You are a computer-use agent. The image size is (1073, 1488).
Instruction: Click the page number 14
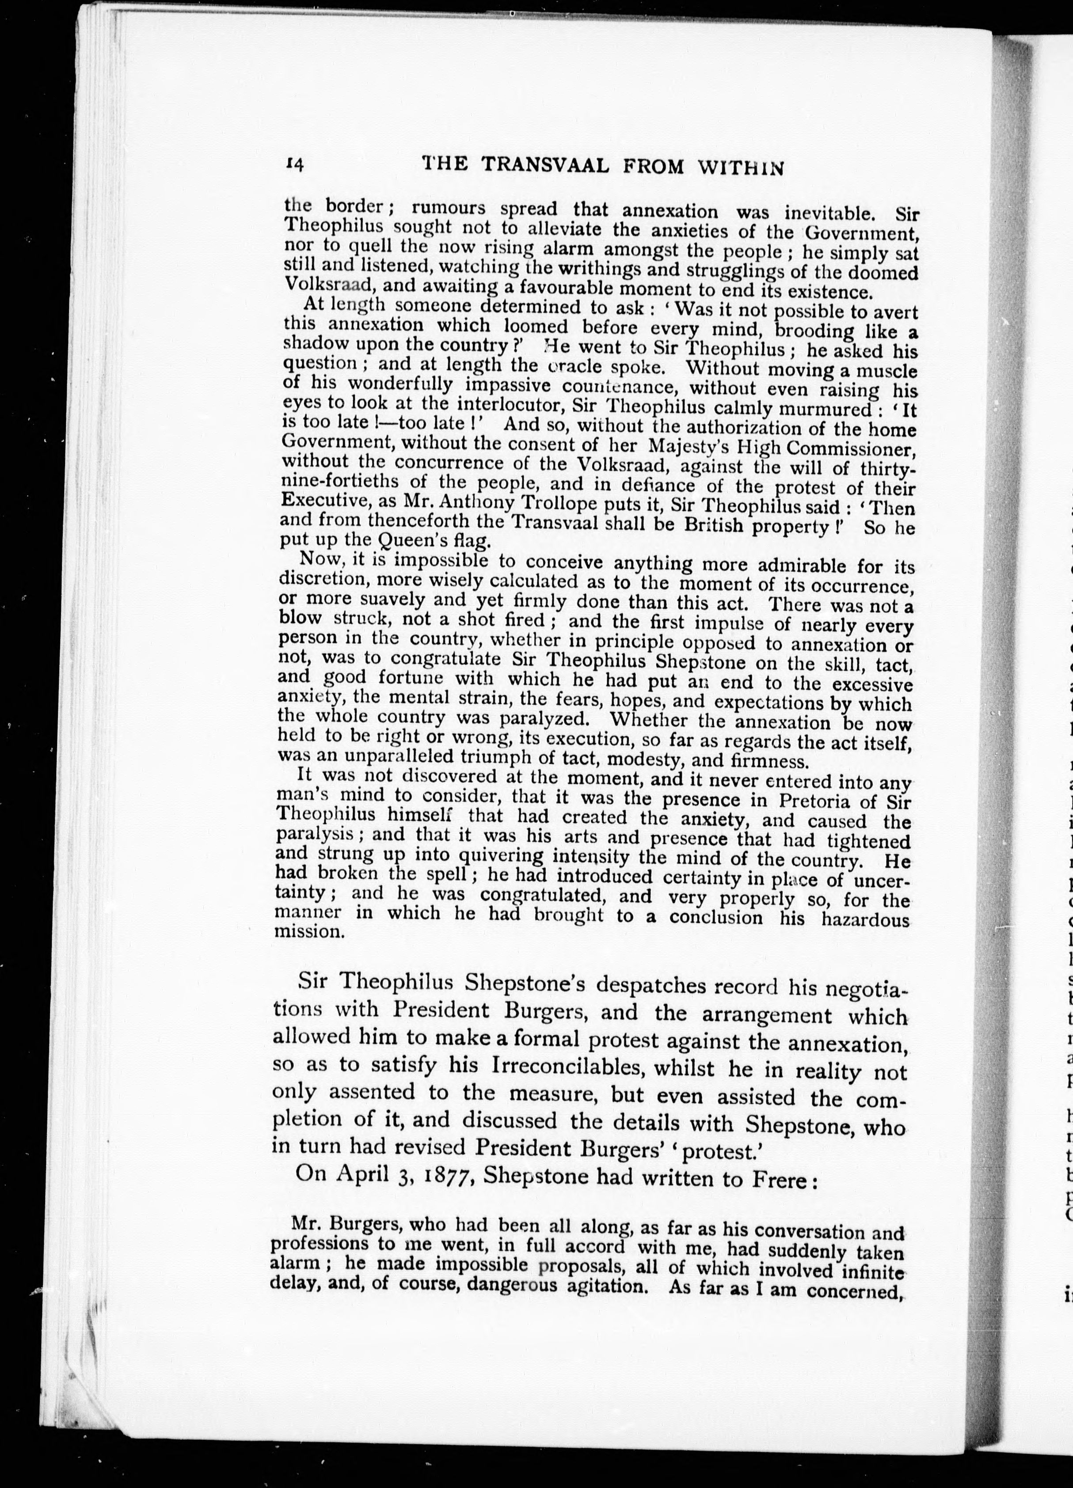coord(293,165)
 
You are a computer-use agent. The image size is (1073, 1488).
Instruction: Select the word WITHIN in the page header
coord(742,169)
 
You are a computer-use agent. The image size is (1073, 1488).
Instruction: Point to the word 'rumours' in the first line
coord(448,209)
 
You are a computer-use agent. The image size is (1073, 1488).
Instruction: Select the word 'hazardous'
coord(865,920)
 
